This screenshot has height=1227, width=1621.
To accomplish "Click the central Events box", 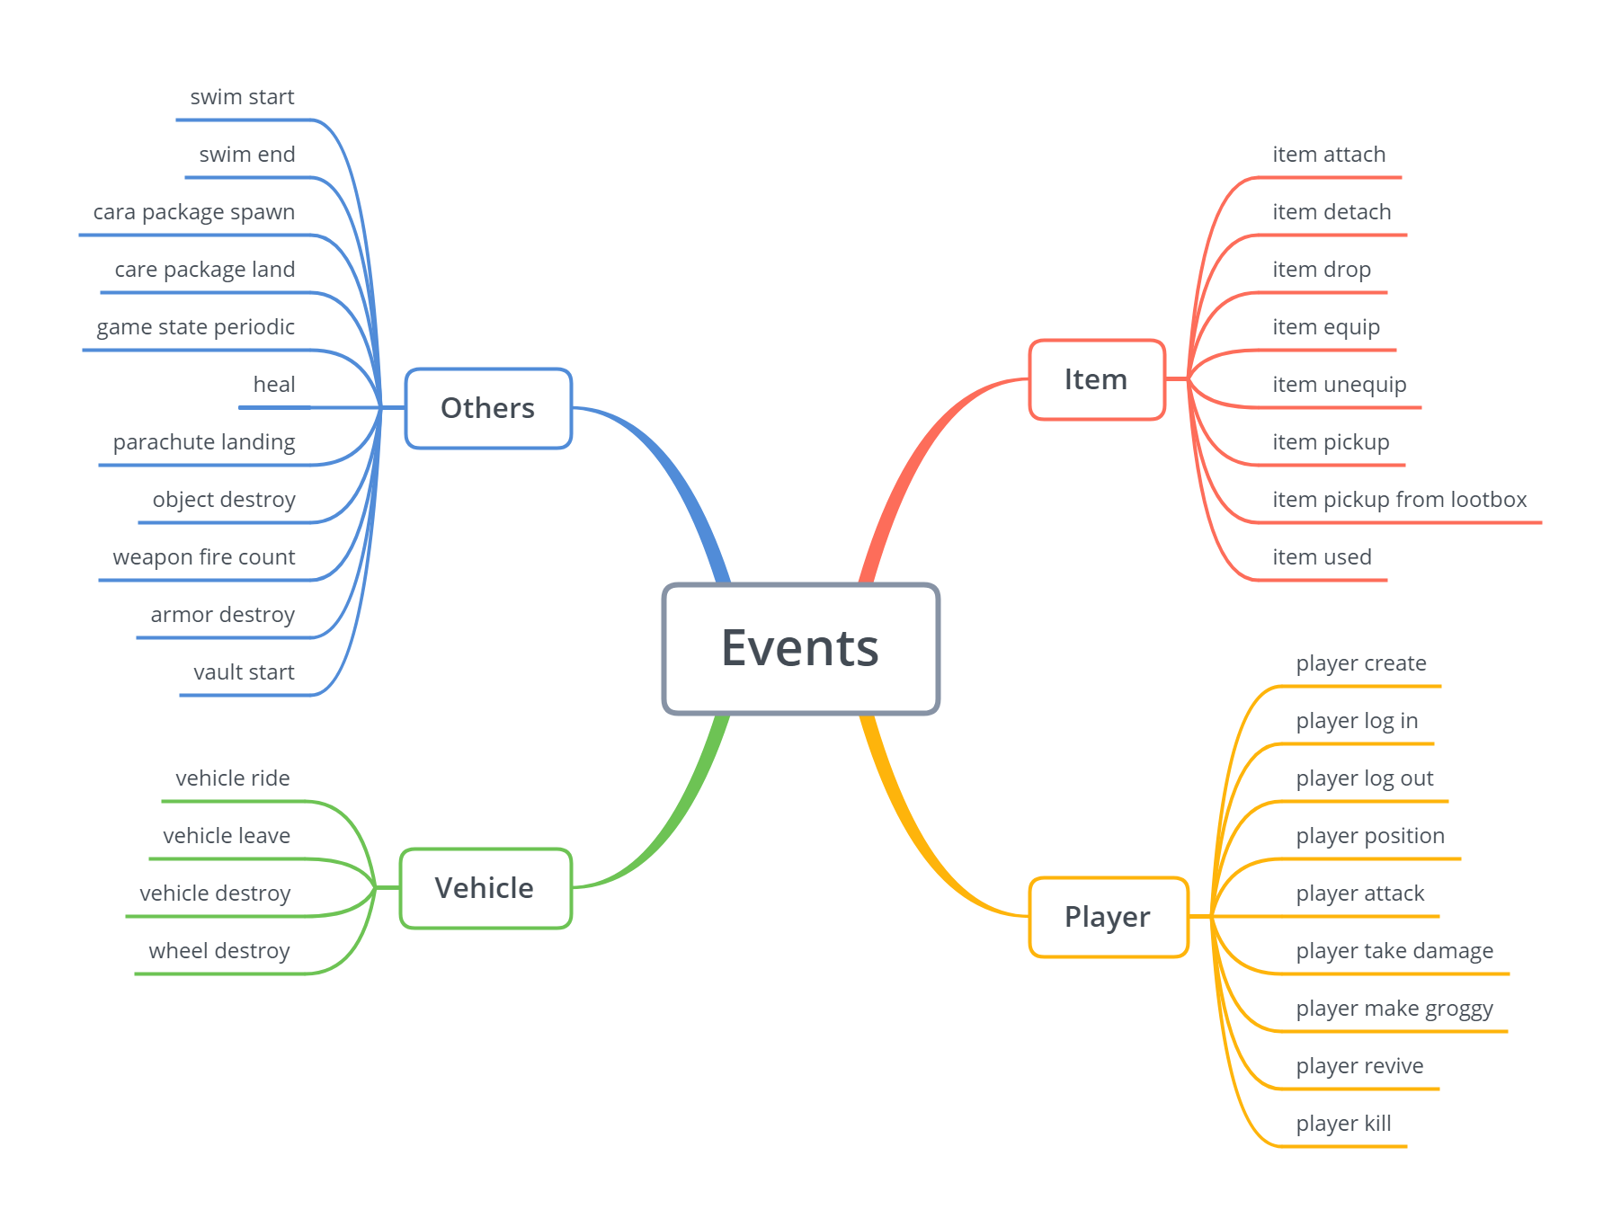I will pos(800,648).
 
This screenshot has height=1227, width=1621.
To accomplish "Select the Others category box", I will pos(488,408).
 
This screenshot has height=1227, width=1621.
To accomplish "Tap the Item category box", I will pos(1096,379).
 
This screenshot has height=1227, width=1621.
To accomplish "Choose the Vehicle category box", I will pos(485,888).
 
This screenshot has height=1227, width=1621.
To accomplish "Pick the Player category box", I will pos(1108,917).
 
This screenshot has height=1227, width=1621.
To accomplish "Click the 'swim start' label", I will pos(242,97).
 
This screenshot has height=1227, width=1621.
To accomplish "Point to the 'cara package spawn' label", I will pos(194,212).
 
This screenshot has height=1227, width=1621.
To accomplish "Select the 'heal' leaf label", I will pos(274,385).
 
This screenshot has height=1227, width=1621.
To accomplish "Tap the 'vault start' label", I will pos(244,672).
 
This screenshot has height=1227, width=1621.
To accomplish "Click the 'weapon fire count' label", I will pos(204,557).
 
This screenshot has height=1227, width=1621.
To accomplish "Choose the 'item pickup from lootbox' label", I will pos(1399,500).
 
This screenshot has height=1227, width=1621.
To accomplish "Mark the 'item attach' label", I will pos(1329,155).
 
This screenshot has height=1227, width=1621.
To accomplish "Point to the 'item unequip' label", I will pos(1339,385).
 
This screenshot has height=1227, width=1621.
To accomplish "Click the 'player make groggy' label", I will pos(1394,1009).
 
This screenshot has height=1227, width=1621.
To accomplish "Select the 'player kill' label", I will pos(1343,1124).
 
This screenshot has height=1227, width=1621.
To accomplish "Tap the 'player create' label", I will pos(1360,663).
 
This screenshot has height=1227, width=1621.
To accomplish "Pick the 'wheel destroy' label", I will pos(219,951).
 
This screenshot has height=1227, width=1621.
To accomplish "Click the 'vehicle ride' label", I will pos(233,778).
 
